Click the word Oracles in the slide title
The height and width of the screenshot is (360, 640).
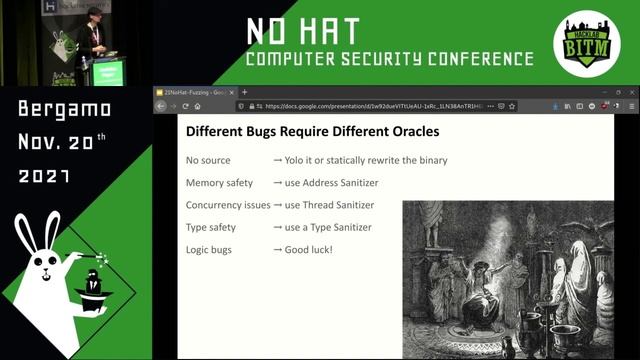click(x=404, y=131)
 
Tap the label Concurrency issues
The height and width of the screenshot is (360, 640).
click(x=228, y=205)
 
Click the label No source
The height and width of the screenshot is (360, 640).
click(x=208, y=160)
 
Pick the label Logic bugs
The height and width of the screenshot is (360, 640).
click(x=209, y=249)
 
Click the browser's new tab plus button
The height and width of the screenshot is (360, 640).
click(x=244, y=92)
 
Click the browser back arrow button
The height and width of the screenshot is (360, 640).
click(x=160, y=105)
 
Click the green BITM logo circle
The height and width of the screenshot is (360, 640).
click(x=588, y=46)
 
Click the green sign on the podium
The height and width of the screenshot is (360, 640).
click(x=106, y=72)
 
